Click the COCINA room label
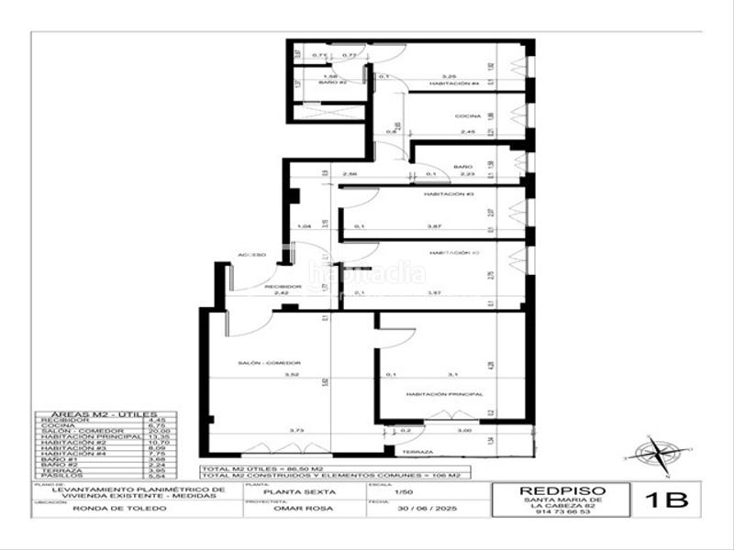point(469,118)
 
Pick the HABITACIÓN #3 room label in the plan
point(448,195)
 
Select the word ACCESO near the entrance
point(252,254)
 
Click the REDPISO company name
point(563,490)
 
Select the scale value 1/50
point(403,494)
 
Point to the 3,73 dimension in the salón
point(293,430)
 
